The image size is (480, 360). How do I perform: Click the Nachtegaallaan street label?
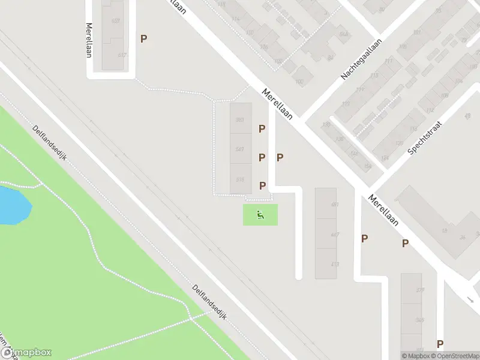(362, 59)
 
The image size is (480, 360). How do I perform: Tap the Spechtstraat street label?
(425, 137)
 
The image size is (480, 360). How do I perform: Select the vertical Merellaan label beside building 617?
(90, 40)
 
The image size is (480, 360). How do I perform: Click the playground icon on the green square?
(260, 215)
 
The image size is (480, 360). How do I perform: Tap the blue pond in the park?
(13, 204)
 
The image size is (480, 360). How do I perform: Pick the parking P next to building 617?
(143, 38)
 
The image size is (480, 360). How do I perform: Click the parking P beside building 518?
(262, 186)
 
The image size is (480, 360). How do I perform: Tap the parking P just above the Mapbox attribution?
(440, 344)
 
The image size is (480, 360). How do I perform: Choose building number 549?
(240, 149)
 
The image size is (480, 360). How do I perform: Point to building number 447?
(335, 235)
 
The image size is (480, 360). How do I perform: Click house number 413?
(335, 265)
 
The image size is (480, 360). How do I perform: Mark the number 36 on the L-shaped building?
(462, 237)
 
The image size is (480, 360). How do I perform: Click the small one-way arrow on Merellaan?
(469, 299)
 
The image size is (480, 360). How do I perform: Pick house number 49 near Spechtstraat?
(467, 116)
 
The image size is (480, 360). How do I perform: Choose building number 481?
(335, 205)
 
